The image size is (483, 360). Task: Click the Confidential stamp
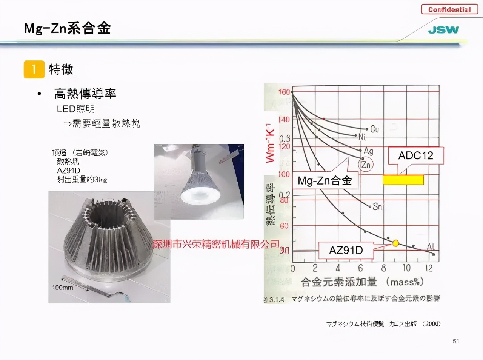click(x=449, y=9)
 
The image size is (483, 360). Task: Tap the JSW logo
click(x=443, y=30)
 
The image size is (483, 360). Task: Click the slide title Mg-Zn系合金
click(x=67, y=28)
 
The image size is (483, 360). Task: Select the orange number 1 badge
click(x=34, y=69)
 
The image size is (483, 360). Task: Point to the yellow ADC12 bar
click(x=403, y=180)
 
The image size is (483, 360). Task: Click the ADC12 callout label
click(x=415, y=155)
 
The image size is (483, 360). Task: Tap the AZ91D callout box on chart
click(x=346, y=250)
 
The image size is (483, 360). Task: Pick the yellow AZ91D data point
click(x=395, y=243)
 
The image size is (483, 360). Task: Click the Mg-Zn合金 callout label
click(x=325, y=180)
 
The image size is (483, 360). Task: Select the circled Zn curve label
click(x=366, y=165)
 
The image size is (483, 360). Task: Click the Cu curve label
click(x=374, y=129)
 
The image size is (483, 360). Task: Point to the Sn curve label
click(x=377, y=206)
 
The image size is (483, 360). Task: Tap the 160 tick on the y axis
click(x=284, y=92)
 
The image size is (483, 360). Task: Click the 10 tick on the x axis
click(x=406, y=268)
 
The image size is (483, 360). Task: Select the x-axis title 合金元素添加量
click(x=339, y=282)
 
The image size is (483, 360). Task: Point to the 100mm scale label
click(x=62, y=288)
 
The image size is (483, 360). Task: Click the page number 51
click(x=456, y=341)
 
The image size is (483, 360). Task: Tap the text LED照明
click(x=76, y=109)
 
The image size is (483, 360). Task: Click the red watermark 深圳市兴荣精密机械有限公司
click(x=216, y=245)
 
